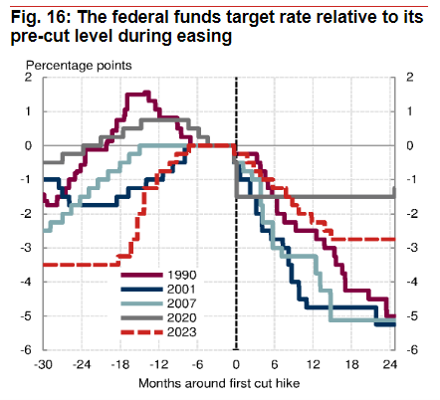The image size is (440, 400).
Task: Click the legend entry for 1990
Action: [158, 275]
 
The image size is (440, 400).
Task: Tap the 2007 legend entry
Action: [158, 303]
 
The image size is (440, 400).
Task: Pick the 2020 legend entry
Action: [158, 317]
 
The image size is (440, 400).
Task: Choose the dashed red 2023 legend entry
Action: [158, 332]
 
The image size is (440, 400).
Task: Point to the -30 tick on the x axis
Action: [43, 365]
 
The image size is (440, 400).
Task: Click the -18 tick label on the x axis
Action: [120, 365]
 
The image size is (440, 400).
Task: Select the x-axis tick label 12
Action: [313, 365]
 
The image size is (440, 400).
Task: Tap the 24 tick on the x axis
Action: [390, 365]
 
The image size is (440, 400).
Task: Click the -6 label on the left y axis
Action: [26, 350]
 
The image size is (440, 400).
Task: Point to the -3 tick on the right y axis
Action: [412, 248]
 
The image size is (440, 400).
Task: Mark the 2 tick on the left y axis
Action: [29, 78]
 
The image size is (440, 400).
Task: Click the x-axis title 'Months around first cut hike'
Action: [219, 383]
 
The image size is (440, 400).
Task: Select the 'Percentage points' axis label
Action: [79, 66]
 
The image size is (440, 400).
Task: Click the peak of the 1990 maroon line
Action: [147, 93]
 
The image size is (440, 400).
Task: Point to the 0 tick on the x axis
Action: [236, 365]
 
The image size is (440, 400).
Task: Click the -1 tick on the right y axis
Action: [412, 179]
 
